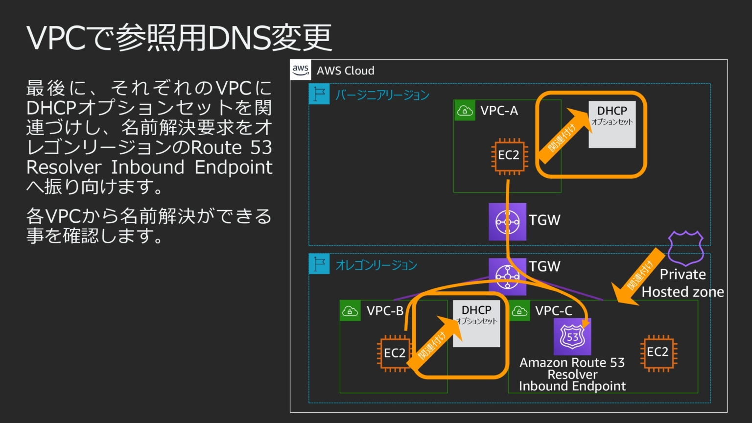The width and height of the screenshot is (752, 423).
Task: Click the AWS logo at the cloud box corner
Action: (x=301, y=70)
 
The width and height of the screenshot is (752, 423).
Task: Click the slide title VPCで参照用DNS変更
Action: (x=179, y=38)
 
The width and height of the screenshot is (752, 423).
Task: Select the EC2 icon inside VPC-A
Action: (x=509, y=156)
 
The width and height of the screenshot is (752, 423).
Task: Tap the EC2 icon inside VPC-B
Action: (x=394, y=353)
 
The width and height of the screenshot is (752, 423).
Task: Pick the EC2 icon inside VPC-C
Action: (x=658, y=352)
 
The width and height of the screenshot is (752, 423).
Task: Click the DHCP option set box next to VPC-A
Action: (x=612, y=124)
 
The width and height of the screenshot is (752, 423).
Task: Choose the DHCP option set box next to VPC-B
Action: (x=476, y=324)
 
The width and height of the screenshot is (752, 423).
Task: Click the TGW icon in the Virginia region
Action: (x=507, y=222)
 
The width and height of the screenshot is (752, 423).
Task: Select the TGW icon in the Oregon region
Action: (x=507, y=277)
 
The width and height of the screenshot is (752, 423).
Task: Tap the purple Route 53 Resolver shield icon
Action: (x=572, y=337)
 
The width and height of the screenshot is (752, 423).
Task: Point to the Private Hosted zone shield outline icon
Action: (x=685, y=248)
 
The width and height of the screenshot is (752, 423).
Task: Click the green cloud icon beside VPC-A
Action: (x=464, y=111)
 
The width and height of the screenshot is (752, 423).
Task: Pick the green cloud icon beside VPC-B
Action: (x=350, y=311)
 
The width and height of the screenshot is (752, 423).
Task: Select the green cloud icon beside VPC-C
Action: (x=519, y=311)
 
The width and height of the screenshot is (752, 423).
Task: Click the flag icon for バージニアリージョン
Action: (x=319, y=94)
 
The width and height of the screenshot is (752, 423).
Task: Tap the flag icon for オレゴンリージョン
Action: (x=319, y=264)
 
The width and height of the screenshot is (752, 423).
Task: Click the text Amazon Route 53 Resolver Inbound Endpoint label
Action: (x=572, y=375)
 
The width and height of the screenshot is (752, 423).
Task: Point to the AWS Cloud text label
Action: (x=345, y=70)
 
